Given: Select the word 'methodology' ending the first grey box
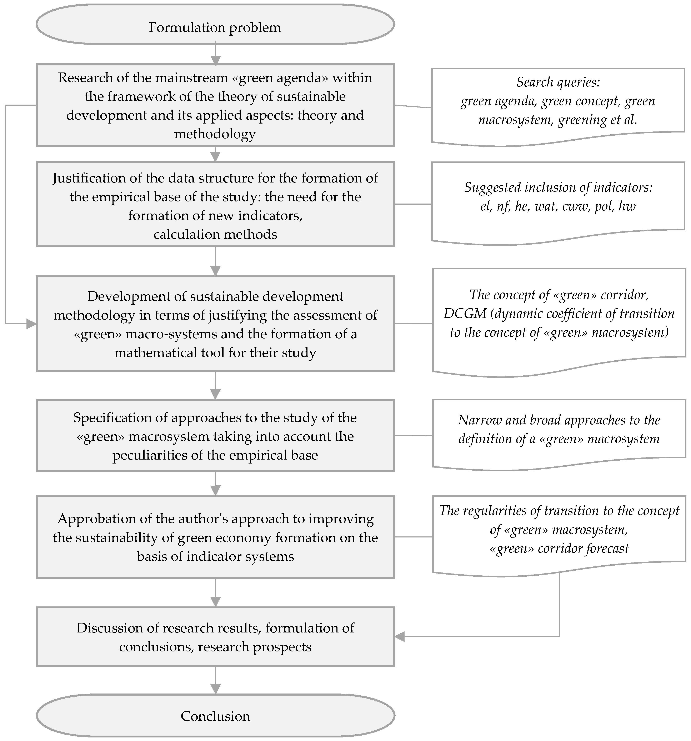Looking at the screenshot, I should [215, 134].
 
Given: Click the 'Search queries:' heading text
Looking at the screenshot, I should [558, 82].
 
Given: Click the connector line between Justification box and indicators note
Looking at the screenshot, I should [413, 204].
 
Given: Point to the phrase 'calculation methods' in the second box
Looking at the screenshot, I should [215, 234].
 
